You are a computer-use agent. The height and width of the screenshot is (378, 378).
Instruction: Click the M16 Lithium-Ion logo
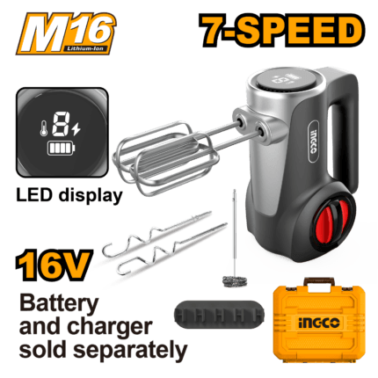tap(66, 33)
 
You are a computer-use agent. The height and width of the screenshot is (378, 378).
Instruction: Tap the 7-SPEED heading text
tap(282, 31)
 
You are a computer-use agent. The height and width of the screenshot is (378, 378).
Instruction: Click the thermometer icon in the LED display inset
tap(44, 128)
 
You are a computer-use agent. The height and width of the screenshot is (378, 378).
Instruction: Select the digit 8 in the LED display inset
tap(61, 124)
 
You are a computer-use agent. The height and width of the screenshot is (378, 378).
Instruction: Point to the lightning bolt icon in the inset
tap(76, 128)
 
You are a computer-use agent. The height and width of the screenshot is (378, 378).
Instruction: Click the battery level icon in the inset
tap(61, 149)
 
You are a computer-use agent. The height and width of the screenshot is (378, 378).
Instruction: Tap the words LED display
tap(69, 195)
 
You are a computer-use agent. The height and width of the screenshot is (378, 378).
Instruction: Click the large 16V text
tap(55, 265)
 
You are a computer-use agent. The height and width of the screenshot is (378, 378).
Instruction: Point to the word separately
tap(130, 350)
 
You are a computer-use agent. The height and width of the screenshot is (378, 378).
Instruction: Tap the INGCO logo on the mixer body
tap(314, 142)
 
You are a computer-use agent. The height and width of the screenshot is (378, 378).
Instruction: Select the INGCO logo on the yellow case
tap(319, 323)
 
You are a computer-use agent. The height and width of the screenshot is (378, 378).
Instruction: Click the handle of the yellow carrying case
tap(319, 281)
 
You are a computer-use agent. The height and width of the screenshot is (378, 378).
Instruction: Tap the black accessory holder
tap(219, 315)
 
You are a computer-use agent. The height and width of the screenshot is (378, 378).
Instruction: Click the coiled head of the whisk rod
tap(234, 281)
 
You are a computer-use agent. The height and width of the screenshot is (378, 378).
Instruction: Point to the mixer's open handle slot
tap(334, 140)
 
